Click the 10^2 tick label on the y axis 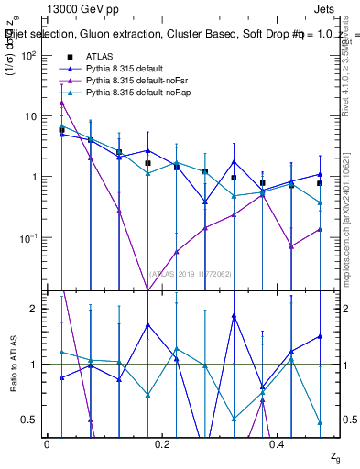click(29, 55)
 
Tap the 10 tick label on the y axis click(31, 116)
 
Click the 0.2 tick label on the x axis click(163, 443)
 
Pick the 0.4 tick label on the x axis click(279, 443)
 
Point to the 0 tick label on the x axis click(47, 443)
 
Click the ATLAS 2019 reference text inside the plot click(191, 273)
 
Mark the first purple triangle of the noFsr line click(61, 103)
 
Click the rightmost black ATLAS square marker click(320, 183)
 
